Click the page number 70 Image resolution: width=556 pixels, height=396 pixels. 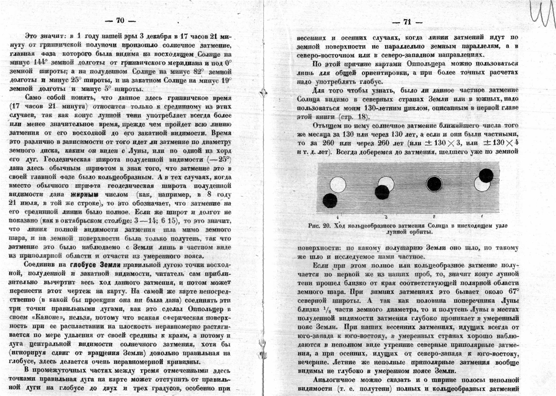point(120,20)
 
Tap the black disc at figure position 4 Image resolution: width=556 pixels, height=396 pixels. point(330,201)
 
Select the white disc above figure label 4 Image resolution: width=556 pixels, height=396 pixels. point(338,185)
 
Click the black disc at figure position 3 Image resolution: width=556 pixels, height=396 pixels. point(382,192)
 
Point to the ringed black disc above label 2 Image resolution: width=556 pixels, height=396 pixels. point(434,184)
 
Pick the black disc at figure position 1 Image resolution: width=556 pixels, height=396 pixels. point(486,176)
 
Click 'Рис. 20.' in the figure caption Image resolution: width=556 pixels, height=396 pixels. point(319,226)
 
